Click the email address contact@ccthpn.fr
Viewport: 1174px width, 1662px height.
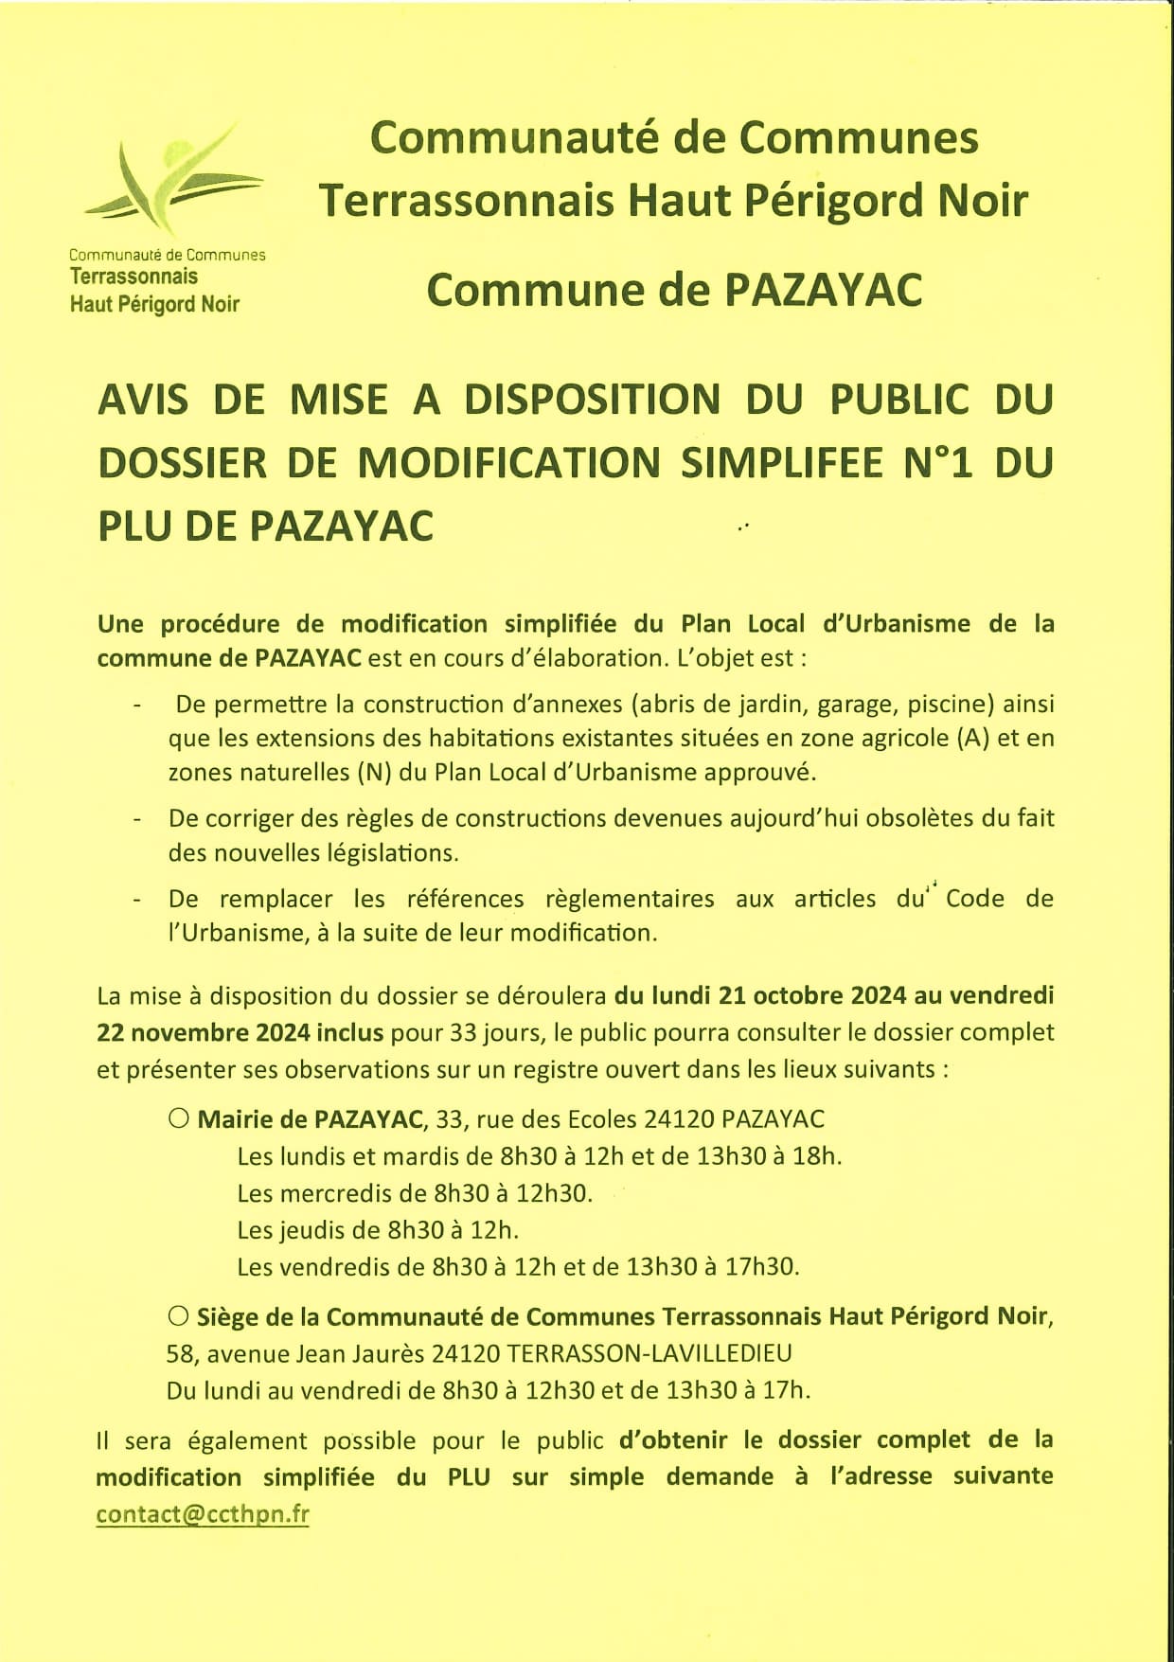point(203,1513)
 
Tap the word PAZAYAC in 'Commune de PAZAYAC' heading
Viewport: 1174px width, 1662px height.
point(823,290)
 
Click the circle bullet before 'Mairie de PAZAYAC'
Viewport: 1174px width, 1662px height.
point(178,1118)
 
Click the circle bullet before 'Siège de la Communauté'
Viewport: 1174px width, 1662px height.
point(178,1315)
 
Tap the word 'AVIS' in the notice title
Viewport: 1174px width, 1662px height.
point(143,400)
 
